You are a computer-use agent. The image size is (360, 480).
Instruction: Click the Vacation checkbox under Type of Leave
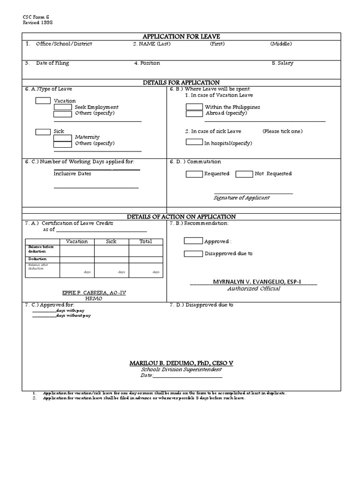coord(43,100)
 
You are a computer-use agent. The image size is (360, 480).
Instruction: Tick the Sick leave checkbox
coord(43,131)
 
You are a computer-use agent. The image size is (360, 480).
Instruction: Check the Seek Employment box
coord(62,107)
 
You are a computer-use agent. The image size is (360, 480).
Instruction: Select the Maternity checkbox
coord(62,137)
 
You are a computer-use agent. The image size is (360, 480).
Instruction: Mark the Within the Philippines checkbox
coord(194,107)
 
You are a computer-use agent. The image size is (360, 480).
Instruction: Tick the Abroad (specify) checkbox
coord(194,113)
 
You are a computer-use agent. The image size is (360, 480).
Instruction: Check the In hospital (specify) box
coord(194,142)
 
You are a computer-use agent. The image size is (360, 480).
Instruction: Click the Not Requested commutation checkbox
coord(244,174)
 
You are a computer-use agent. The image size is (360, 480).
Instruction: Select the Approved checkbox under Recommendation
coord(193,241)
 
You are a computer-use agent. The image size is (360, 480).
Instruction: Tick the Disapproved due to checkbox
coord(193,254)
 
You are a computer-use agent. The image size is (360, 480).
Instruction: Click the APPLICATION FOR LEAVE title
coord(182,37)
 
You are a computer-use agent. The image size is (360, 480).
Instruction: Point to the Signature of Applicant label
coord(241,198)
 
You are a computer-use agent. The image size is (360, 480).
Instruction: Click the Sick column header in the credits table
coord(111,241)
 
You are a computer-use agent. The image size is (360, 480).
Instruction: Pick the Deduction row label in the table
coord(37,259)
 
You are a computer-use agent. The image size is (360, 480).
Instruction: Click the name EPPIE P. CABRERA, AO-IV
coord(94,292)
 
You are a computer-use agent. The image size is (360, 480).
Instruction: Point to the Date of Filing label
coord(52,63)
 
